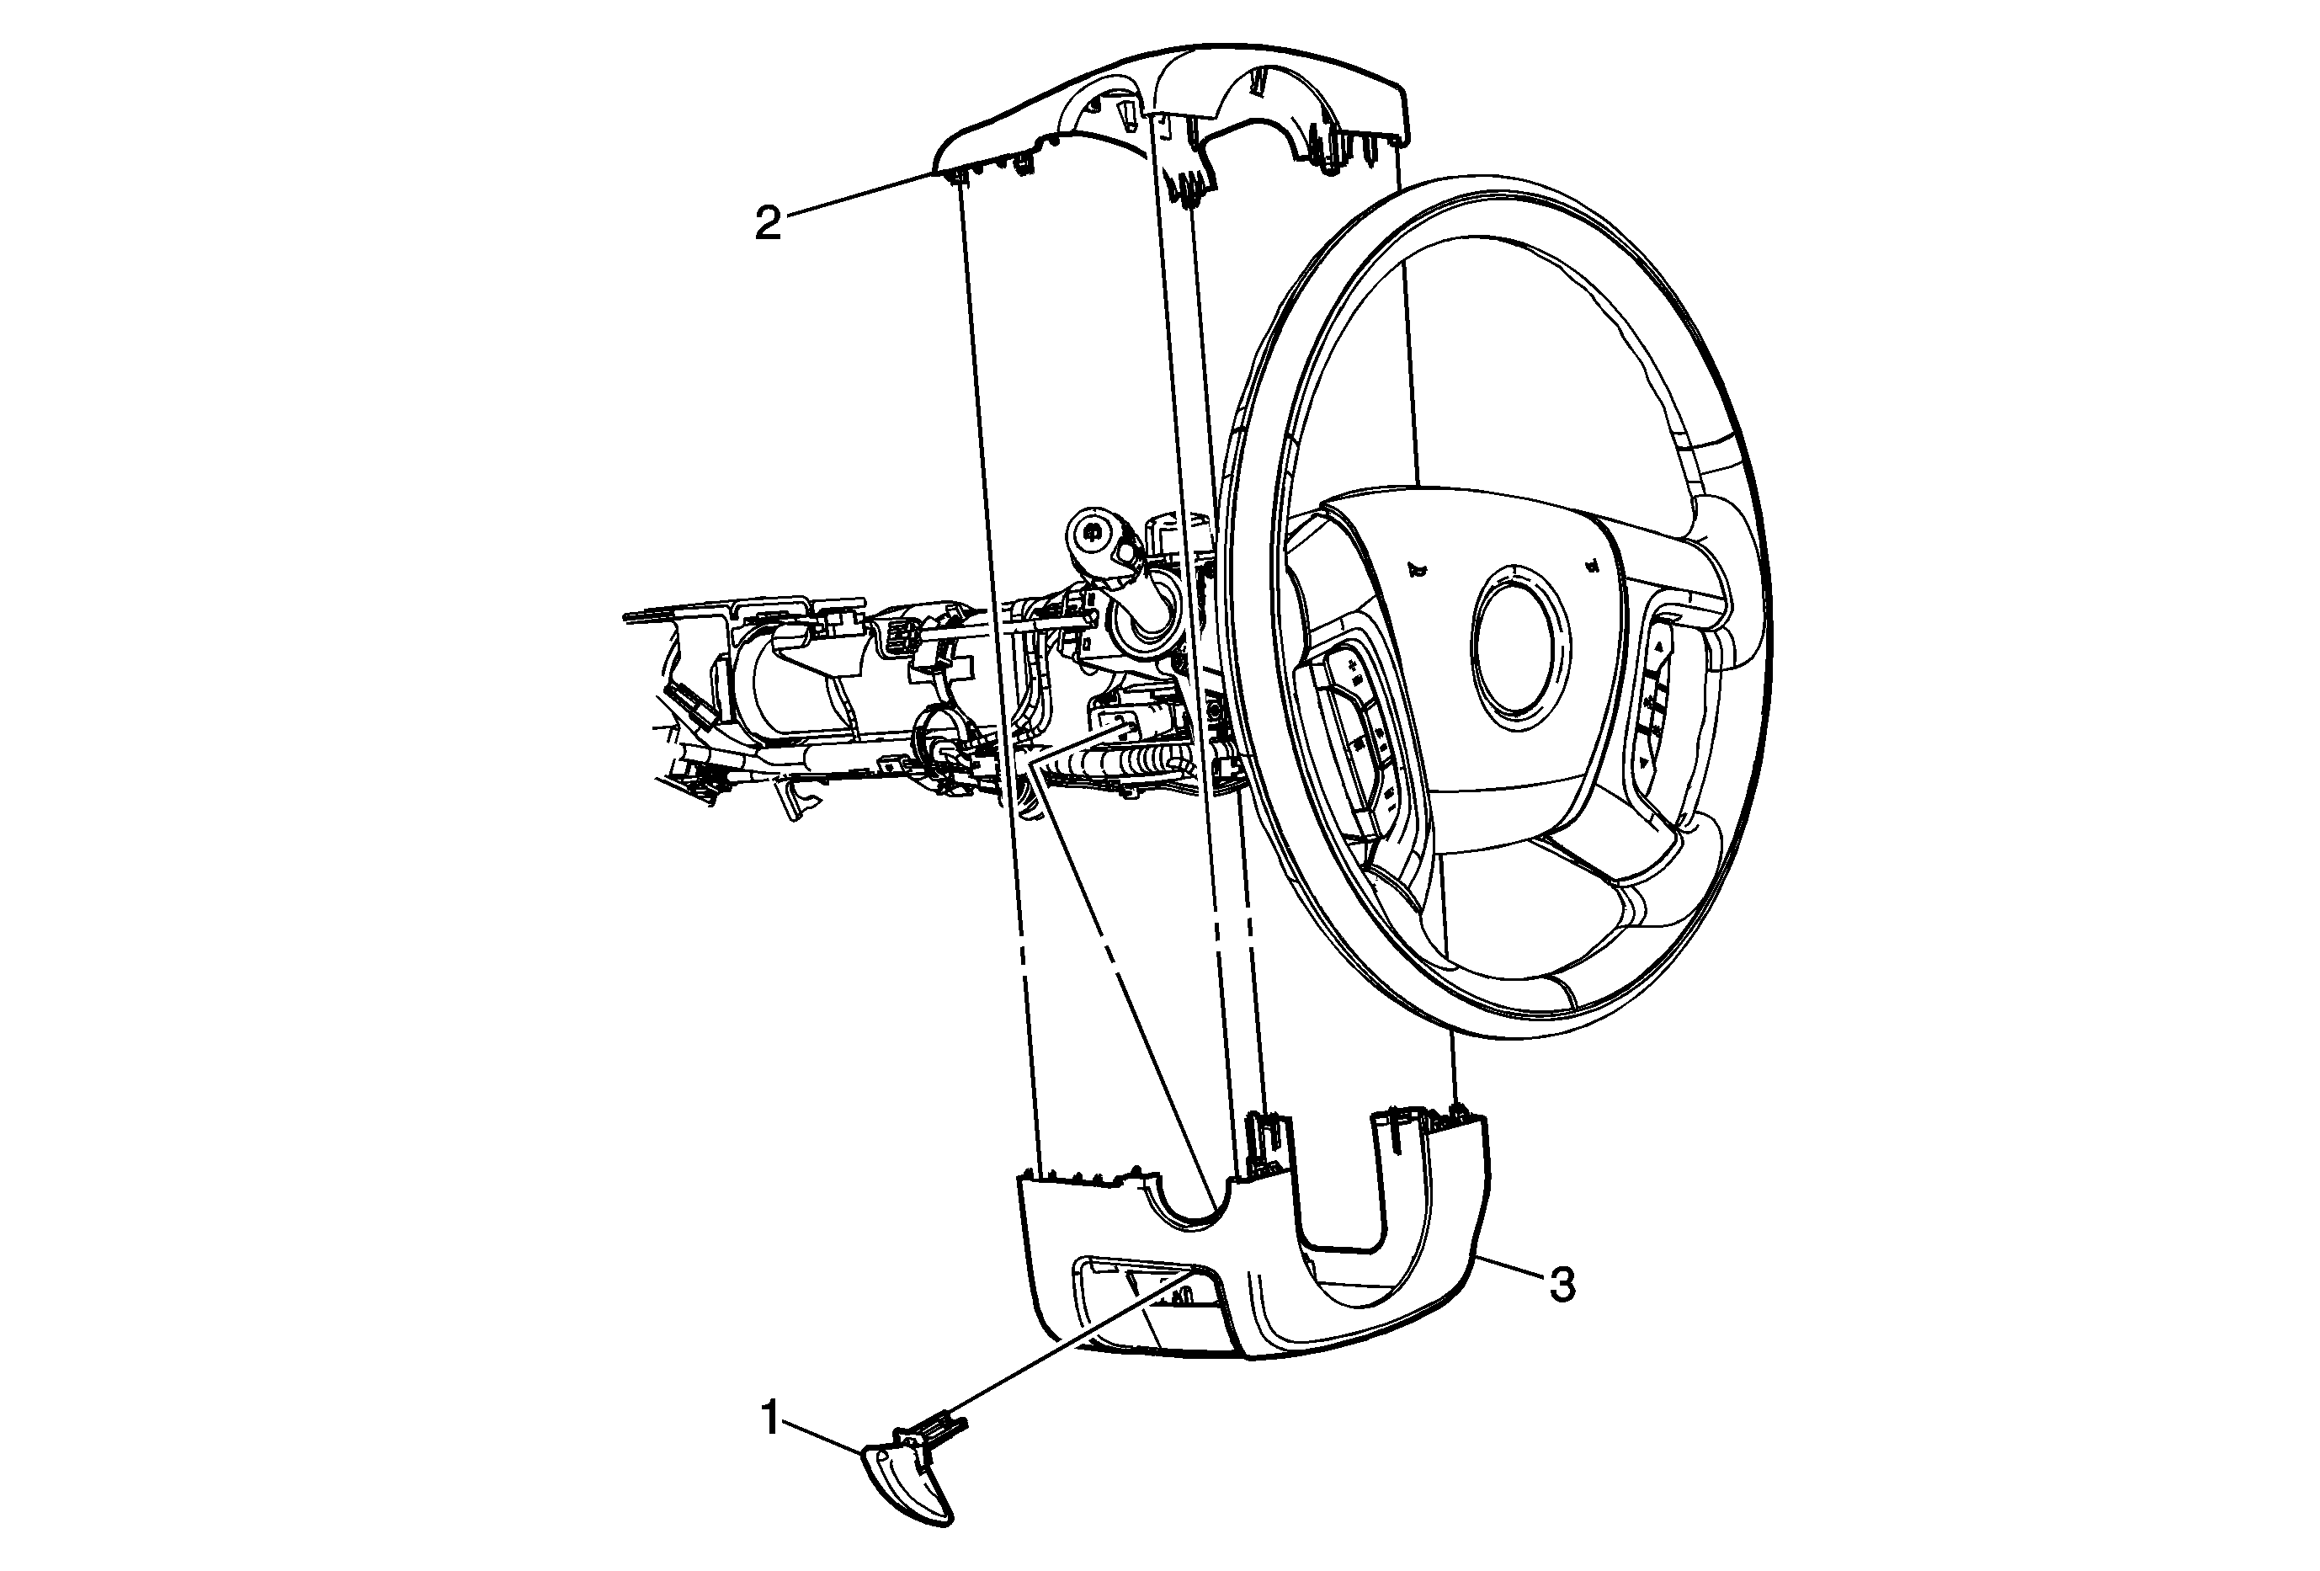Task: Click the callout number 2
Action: [x=768, y=224]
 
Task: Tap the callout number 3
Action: [x=1562, y=1286]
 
